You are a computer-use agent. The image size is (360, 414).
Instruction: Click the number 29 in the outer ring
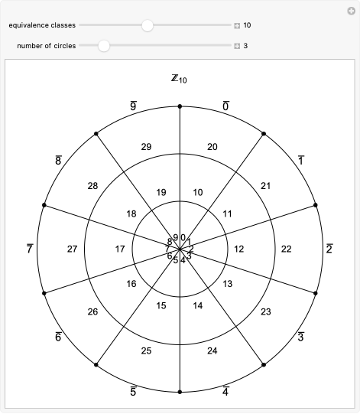(148, 146)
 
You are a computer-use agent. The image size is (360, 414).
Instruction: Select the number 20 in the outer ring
(212, 146)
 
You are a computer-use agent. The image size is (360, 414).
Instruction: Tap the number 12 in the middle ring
(238, 249)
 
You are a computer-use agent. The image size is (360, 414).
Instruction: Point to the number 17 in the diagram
(120, 249)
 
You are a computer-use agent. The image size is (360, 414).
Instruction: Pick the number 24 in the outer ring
(212, 351)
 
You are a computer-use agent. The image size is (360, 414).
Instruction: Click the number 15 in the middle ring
(161, 306)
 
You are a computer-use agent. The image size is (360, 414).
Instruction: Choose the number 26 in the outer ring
(92, 311)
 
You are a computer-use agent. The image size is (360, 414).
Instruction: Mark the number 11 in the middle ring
(227, 214)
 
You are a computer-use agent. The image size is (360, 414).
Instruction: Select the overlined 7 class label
(29, 249)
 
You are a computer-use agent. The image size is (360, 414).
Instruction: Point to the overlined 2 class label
(329, 249)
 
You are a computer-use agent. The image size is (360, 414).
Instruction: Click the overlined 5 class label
(133, 393)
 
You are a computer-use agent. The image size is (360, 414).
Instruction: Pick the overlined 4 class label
(226, 393)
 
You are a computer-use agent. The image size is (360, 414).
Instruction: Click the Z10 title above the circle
(178, 79)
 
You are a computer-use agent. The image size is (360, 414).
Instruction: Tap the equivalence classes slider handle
(148, 25)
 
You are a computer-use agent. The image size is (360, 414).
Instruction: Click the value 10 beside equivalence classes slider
(248, 25)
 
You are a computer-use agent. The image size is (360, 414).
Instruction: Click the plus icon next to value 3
(237, 46)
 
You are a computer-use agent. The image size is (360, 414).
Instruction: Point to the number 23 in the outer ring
(266, 311)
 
